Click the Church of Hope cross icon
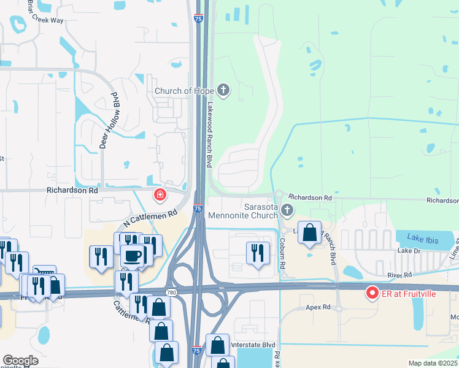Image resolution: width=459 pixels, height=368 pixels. (x=223, y=91)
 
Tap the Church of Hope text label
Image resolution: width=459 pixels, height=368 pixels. (x=184, y=91)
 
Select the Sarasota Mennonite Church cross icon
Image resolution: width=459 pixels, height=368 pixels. (x=287, y=210)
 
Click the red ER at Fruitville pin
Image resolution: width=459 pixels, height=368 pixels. (x=371, y=293)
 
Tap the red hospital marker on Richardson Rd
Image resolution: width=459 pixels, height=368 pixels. (x=160, y=195)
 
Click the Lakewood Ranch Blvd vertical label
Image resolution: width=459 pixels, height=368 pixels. (x=209, y=134)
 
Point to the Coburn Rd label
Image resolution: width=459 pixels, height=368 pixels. (x=283, y=255)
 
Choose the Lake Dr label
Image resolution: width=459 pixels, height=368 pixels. (x=408, y=251)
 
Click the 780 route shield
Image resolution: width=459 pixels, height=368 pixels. (x=171, y=292)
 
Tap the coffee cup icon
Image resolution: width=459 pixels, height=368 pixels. (x=132, y=256)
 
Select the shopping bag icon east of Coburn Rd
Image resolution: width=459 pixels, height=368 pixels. (x=310, y=232)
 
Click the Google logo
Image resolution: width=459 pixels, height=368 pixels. (x=20, y=361)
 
